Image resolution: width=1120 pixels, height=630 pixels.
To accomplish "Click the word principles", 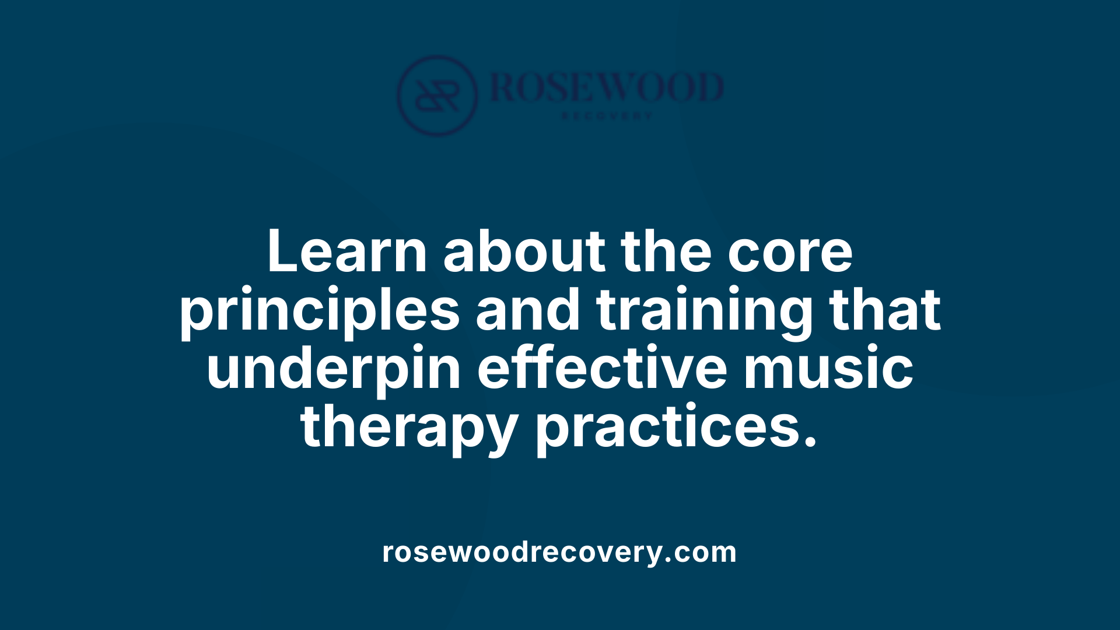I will coord(320,310).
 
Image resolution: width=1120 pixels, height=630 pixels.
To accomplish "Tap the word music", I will coord(828,369).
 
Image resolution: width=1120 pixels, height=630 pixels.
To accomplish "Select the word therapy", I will coord(409,427).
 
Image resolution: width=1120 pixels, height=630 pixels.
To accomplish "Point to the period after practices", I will coord(810,442).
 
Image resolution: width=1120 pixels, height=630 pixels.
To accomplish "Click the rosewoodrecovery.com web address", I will coord(559,552).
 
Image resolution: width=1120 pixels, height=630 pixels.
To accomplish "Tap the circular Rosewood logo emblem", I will coord(437,95).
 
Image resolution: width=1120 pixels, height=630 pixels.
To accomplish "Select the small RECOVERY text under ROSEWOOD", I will coord(607,116).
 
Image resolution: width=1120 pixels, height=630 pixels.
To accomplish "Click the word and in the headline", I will coord(528,310).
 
